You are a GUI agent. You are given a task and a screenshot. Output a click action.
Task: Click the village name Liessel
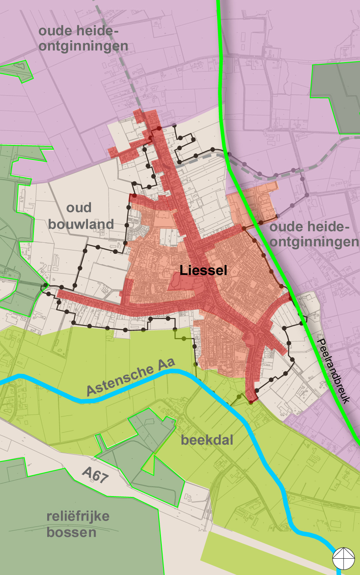(203, 270)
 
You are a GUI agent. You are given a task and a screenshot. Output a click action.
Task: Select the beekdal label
(207, 440)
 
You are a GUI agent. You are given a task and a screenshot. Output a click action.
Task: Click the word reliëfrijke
(78, 516)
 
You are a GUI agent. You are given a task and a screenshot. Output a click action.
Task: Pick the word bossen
(71, 533)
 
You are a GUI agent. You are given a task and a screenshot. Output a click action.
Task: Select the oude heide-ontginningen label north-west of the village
(83, 38)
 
